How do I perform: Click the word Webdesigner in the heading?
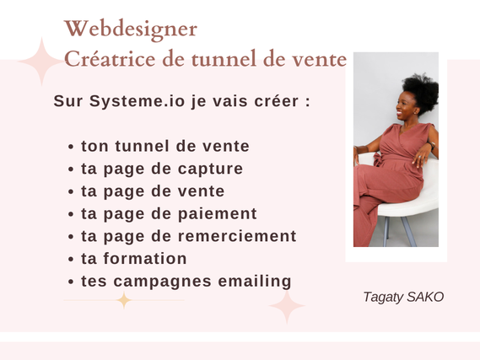click(x=131, y=30)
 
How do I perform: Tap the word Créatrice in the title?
click(x=110, y=58)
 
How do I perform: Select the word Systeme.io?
click(x=138, y=102)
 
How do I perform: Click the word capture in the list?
click(x=210, y=169)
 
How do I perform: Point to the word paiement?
click(x=218, y=214)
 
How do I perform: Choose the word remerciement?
click(x=237, y=236)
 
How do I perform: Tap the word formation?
click(x=145, y=259)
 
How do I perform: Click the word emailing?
click(x=255, y=282)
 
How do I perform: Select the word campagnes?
click(x=162, y=282)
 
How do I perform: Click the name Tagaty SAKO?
click(x=403, y=297)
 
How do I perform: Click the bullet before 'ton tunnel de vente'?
click(x=71, y=147)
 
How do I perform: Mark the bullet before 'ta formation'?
click(x=71, y=260)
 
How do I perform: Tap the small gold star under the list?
click(x=124, y=300)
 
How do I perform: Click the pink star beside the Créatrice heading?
click(x=41, y=62)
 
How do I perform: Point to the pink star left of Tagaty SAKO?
click(x=287, y=306)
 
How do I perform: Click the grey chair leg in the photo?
click(x=409, y=232)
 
